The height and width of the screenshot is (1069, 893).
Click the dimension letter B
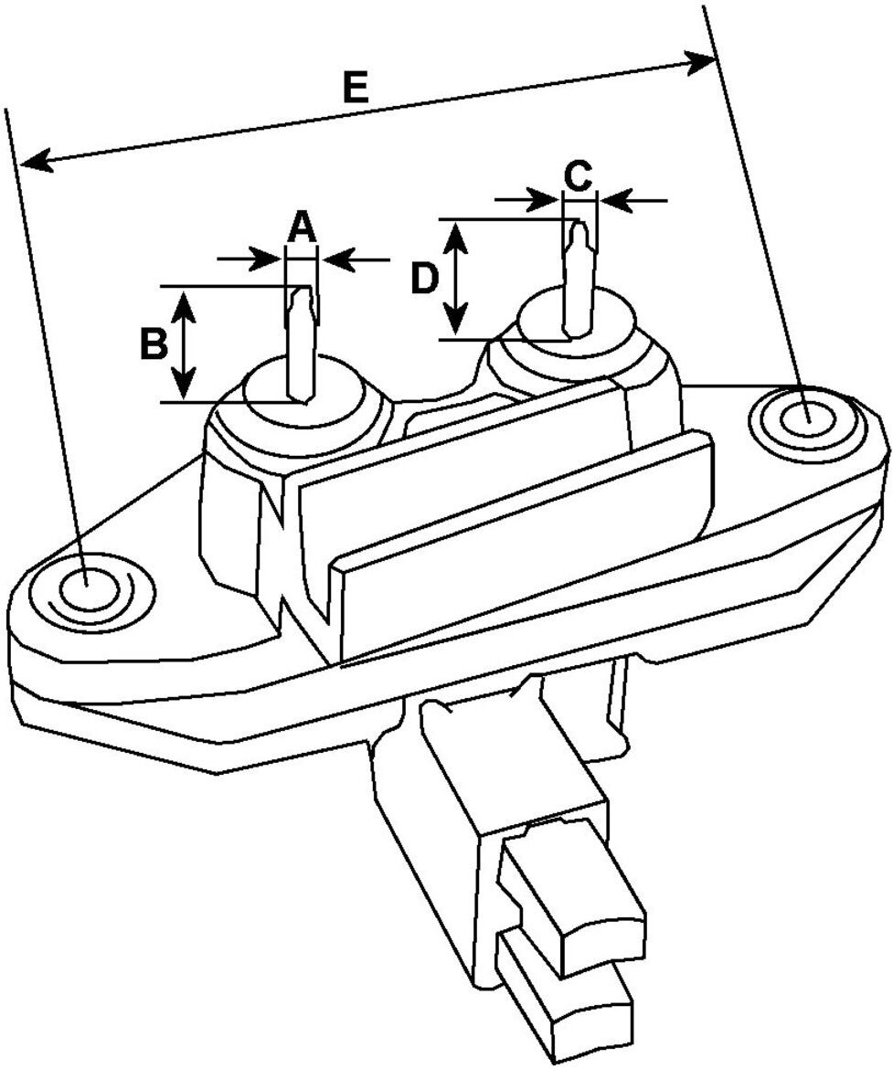click(x=154, y=344)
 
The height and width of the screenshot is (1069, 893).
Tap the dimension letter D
click(x=423, y=279)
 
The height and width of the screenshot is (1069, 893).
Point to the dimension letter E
click(x=356, y=88)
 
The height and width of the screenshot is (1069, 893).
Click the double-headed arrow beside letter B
click(x=183, y=344)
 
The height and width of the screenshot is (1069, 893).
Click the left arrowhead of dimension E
click(x=37, y=160)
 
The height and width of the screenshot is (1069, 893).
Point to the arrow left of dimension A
click(x=250, y=259)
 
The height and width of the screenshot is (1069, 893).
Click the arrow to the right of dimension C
click(x=633, y=200)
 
